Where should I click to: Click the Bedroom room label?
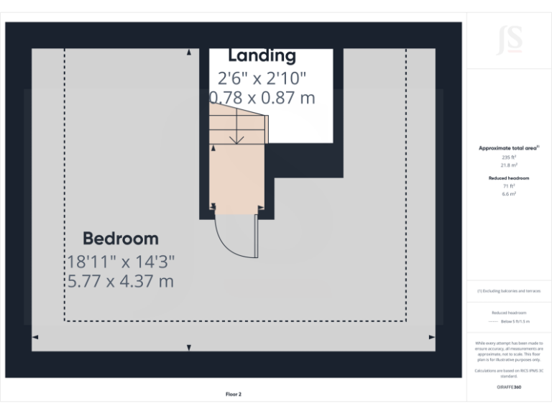coord(121,239)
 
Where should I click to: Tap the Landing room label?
coord(262,55)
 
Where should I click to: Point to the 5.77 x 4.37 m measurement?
coord(121,281)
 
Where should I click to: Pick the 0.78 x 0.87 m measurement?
coord(262,98)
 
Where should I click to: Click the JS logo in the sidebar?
coord(510,40)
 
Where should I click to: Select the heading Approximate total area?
coord(509,148)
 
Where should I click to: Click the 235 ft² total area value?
coord(510,157)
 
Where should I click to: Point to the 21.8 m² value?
coord(510,165)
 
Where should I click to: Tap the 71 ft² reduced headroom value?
coord(510,185)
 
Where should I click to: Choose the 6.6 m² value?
coord(510,193)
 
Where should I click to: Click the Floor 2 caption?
coord(234,394)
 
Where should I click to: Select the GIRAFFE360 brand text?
coord(510,387)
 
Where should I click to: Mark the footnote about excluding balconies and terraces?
coord(510,291)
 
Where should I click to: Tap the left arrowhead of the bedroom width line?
coord(35,336)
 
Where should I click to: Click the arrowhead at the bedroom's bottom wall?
coord(189,348)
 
